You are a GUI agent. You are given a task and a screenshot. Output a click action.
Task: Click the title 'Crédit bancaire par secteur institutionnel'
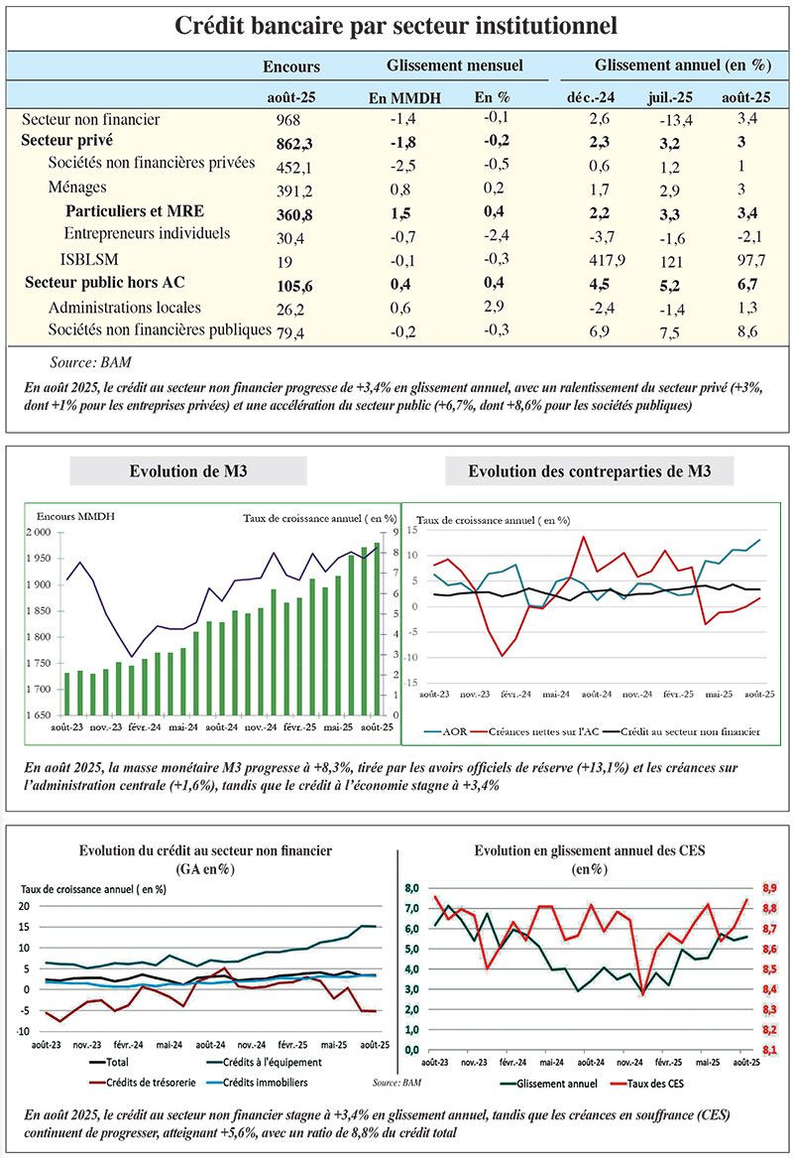point(396,25)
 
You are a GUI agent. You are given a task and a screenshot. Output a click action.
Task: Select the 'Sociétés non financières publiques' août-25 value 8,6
point(738,329)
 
